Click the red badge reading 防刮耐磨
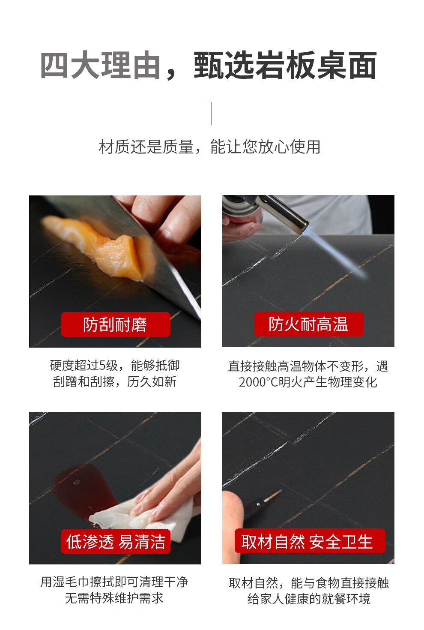[116, 324]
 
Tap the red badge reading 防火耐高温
[309, 324]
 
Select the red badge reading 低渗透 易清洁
[116, 541]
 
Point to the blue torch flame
[337, 253]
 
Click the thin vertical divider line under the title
[211, 113]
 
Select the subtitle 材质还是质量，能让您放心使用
[209, 147]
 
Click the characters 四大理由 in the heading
[100, 65]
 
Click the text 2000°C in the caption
[258, 382]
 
